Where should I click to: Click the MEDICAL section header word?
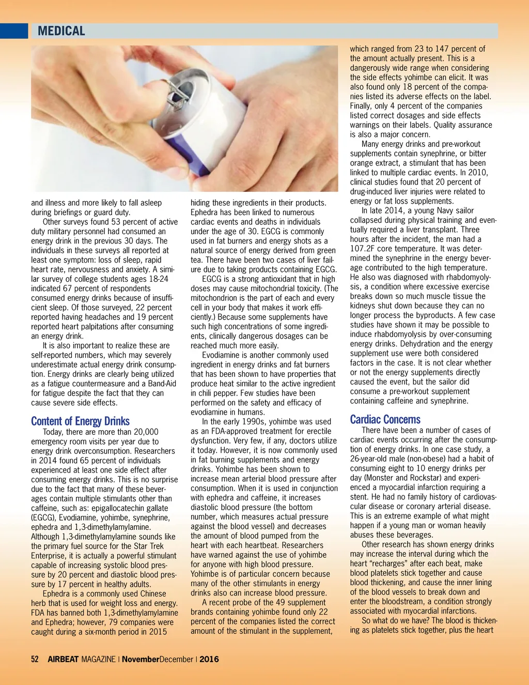[x=61, y=31]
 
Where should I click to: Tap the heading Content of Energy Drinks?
[x=80, y=421]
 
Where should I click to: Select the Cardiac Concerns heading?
[x=385, y=419]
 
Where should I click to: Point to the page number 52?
[x=35, y=659]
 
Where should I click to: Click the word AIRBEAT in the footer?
[x=63, y=659]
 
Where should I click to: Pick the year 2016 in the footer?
[x=209, y=659]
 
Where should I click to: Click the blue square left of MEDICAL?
[x=13, y=31]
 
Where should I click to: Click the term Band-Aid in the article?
[x=161, y=384]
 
